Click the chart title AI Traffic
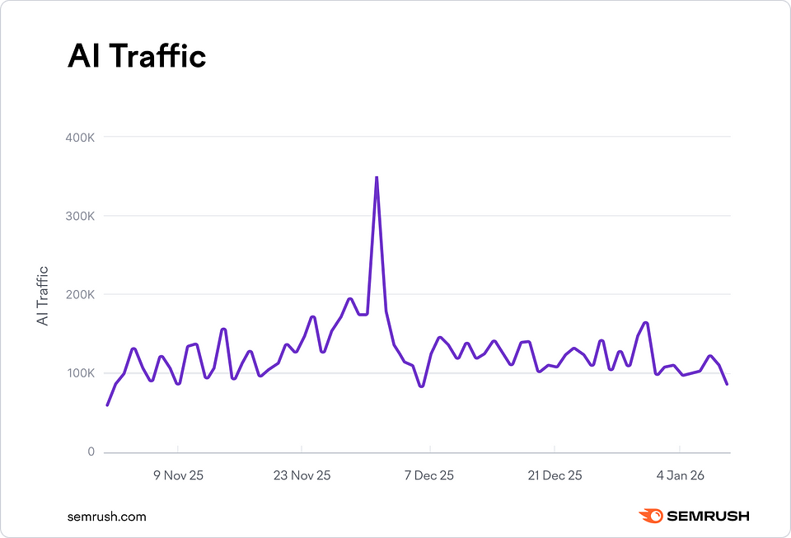(136, 57)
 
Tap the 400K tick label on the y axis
(80, 137)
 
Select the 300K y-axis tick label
(80, 216)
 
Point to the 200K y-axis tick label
(80, 294)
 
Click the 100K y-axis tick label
(80, 373)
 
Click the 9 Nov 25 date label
(178, 475)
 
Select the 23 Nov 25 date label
(302, 475)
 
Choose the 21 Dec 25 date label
(555, 475)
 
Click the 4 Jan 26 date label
(681, 475)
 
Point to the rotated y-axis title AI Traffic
(43, 294)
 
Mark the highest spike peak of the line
(377, 177)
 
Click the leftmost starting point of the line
(107, 405)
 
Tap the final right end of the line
(728, 384)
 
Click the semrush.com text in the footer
(106, 517)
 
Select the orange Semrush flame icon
(651, 517)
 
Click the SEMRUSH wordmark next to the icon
(708, 517)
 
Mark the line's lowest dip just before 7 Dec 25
(421, 386)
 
